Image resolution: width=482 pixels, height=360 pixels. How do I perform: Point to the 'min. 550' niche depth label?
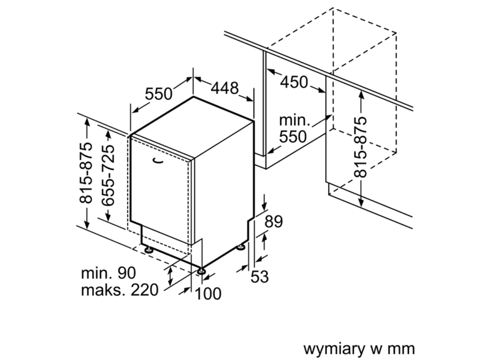click(292, 128)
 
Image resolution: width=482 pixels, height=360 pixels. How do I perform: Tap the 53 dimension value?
click(259, 277)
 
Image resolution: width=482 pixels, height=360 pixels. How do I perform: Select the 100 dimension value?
click(208, 294)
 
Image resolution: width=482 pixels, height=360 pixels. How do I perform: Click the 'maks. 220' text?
click(120, 290)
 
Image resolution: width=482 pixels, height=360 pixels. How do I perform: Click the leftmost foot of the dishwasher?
click(148, 250)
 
